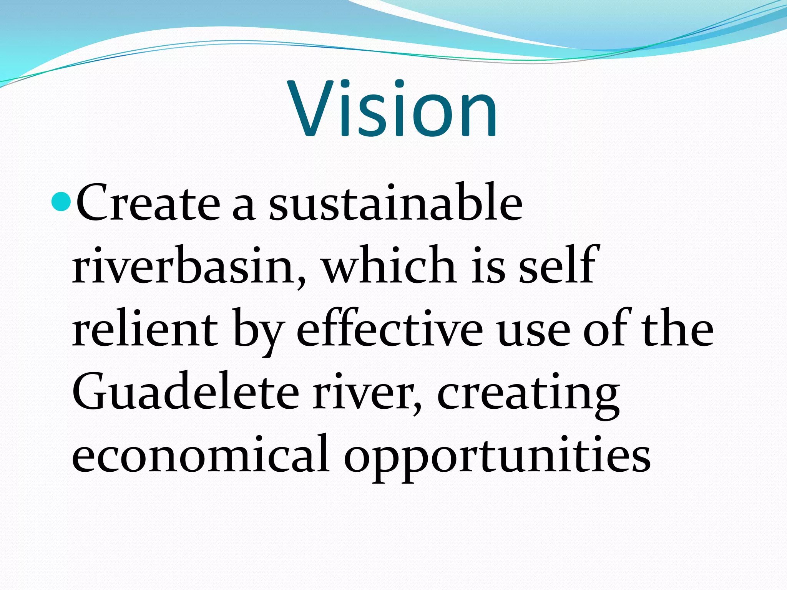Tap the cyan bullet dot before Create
(x=61, y=202)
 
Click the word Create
(x=148, y=202)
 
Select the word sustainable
(x=396, y=202)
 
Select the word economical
(x=200, y=454)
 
